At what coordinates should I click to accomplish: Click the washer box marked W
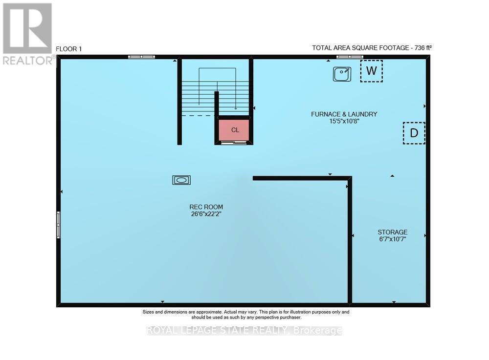point(371,71)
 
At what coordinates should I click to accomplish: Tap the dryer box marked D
point(414,133)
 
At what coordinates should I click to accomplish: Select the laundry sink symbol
point(342,74)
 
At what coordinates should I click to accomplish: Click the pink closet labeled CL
point(235,129)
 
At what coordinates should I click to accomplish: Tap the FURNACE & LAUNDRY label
point(344,114)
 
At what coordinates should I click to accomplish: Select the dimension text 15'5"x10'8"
point(344,121)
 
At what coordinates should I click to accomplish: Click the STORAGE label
point(392,232)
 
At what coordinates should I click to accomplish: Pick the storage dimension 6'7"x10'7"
point(392,239)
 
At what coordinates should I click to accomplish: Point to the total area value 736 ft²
point(420,48)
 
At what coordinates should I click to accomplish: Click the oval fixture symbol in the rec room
point(181,180)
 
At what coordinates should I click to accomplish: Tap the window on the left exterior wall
point(58,225)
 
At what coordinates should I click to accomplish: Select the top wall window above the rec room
point(141,57)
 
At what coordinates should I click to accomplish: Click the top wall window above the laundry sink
point(350,57)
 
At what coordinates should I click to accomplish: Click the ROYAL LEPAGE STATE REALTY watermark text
point(244,331)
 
